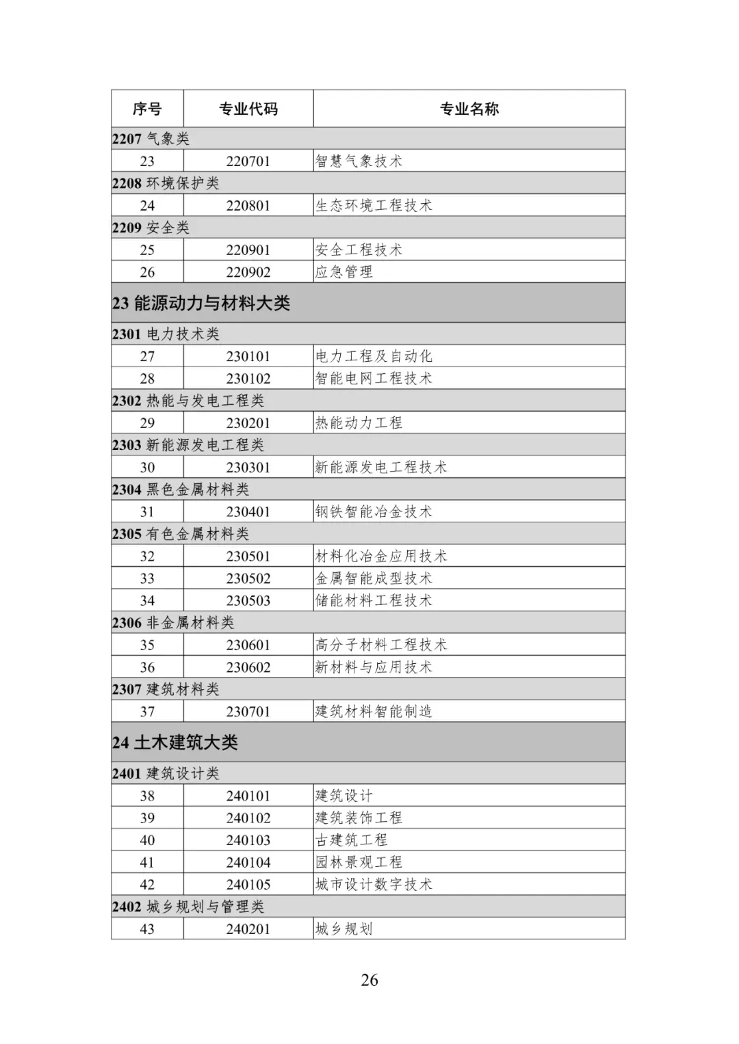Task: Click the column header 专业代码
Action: (248, 109)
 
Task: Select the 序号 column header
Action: (147, 109)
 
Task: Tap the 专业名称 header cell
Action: (469, 109)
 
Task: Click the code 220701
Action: (248, 161)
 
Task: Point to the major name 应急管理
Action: (344, 272)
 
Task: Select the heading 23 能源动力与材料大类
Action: (201, 303)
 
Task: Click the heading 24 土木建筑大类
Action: (175, 742)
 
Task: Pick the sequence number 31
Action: (147, 512)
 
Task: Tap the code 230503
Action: (248, 601)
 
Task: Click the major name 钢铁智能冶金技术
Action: (374, 512)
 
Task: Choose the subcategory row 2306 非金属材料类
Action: (173, 623)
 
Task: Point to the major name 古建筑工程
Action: (352, 840)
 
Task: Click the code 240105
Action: (248, 885)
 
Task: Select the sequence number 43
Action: (147, 929)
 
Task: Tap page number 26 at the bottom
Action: (369, 980)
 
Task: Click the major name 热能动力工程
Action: (359, 423)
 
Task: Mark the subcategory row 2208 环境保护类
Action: (166, 183)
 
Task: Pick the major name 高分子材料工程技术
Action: (381, 645)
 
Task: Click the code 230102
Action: (248, 379)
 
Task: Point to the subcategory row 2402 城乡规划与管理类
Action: (188, 907)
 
